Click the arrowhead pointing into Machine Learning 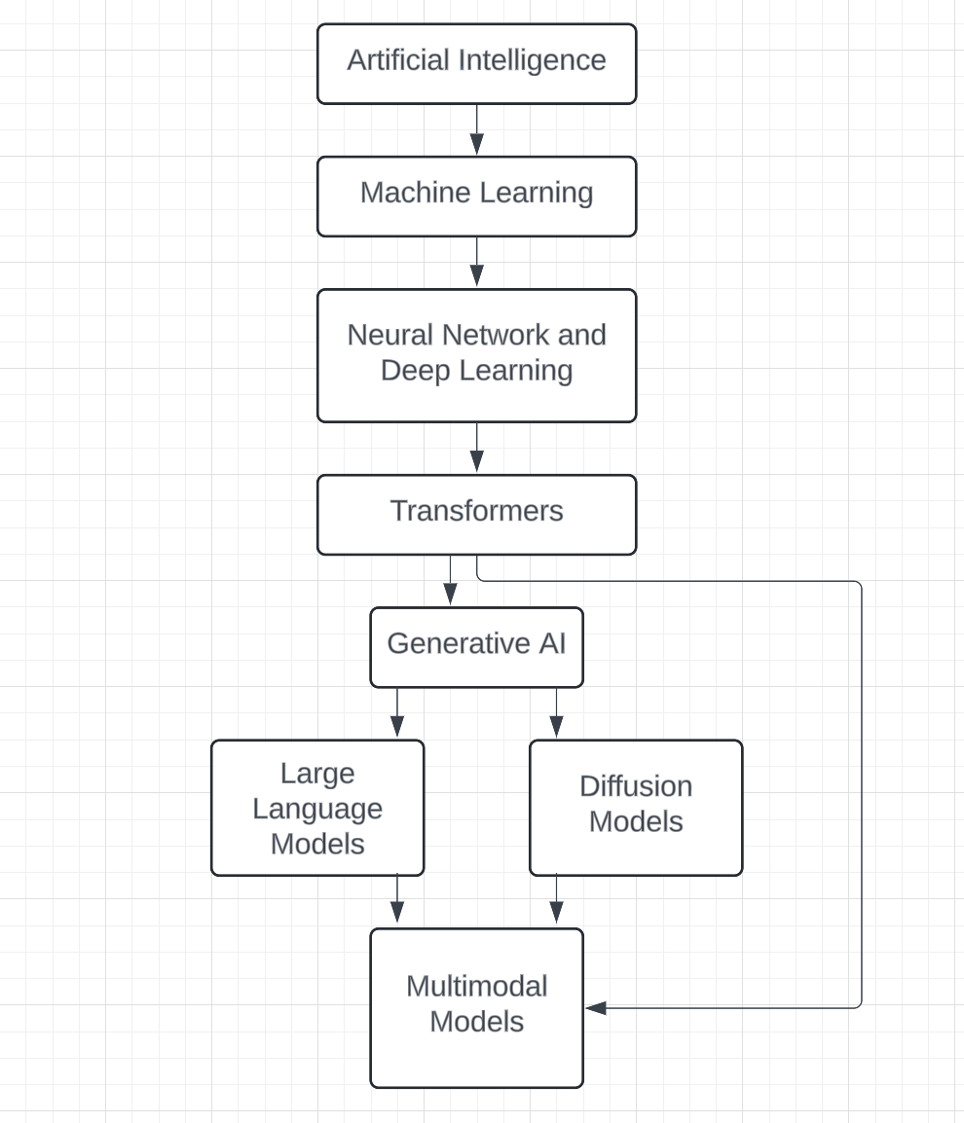click(476, 145)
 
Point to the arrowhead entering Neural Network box click(476, 277)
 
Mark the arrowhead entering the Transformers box click(476, 463)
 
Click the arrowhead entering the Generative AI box click(450, 595)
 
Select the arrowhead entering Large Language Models click(396, 726)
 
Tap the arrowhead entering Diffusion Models click(556, 726)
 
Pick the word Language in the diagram click(317, 809)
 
